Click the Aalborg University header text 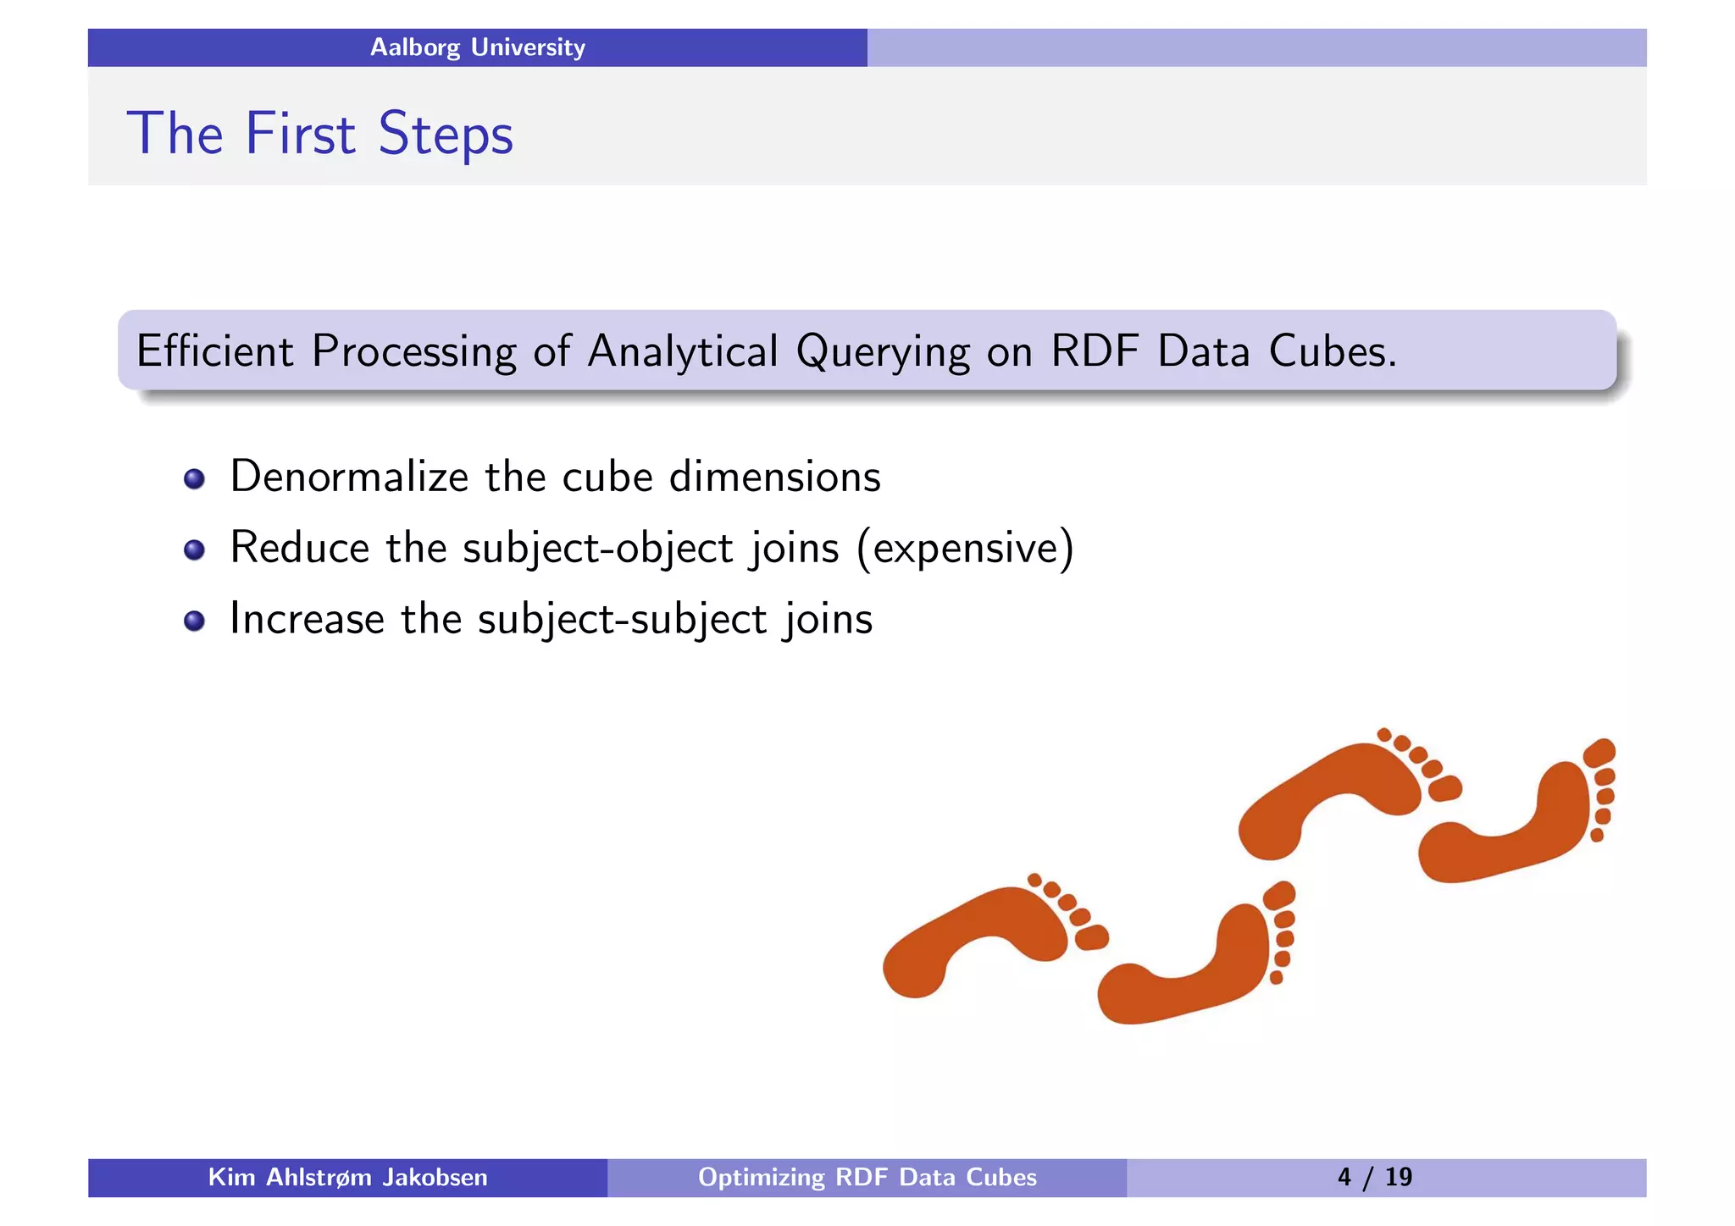click(x=477, y=47)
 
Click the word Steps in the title click(x=445, y=134)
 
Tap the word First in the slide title click(x=300, y=134)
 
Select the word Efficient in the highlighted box click(x=215, y=351)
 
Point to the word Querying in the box click(x=882, y=352)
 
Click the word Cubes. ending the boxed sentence click(x=1333, y=351)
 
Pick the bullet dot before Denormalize click(x=194, y=478)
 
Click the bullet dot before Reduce click(x=194, y=549)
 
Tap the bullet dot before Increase click(x=194, y=621)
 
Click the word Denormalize click(x=348, y=476)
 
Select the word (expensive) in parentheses click(x=965, y=548)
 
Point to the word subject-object click(x=597, y=548)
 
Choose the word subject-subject click(x=622, y=619)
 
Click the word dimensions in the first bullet click(x=774, y=476)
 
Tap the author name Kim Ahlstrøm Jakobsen click(x=347, y=1177)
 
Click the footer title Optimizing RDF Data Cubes click(x=867, y=1177)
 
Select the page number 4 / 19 click(x=1374, y=1177)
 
